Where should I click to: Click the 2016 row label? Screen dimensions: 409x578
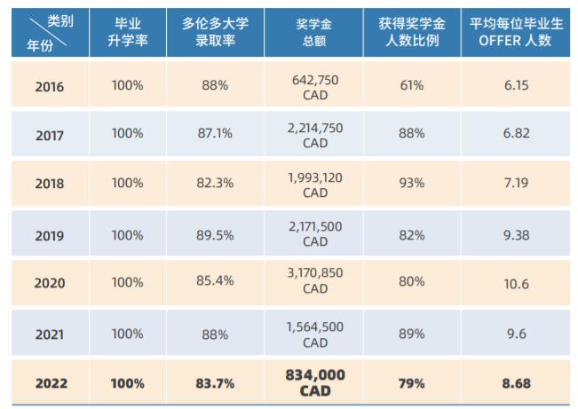pyautogui.click(x=50, y=86)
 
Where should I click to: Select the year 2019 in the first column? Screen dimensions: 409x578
pyautogui.click(x=50, y=235)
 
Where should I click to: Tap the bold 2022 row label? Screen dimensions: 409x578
pyautogui.click(x=50, y=383)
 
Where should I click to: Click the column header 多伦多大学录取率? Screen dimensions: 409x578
pyautogui.click(x=216, y=34)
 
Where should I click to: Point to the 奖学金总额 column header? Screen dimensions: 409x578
pyautogui.click(x=314, y=34)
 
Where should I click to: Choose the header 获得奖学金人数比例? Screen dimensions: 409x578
pyautogui.click(x=412, y=34)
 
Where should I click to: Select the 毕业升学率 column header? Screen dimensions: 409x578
pyautogui.click(x=128, y=34)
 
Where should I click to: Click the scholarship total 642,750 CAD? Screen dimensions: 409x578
pyautogui.click(x=314, y=86)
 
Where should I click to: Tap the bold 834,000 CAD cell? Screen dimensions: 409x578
pyautogui.click(x=314, y=383)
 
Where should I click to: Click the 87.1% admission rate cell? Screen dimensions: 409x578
pyautogui.click(x=216, y=133)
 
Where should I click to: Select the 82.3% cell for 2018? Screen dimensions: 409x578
pyautogui.click(x=216, y=183)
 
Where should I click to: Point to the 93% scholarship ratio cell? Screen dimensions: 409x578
pyautogui.click(x=412, y=183)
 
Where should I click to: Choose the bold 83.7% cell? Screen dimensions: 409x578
pyautogui.click(x=216, y=383)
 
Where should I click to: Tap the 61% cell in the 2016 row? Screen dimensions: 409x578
pyautogui.click(x=412, y=86)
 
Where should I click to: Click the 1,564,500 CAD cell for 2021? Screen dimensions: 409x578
pyautogui.click(x=314, y=334)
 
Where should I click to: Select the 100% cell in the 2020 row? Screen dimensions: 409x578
pyautogui.click(x=128, y=284)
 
